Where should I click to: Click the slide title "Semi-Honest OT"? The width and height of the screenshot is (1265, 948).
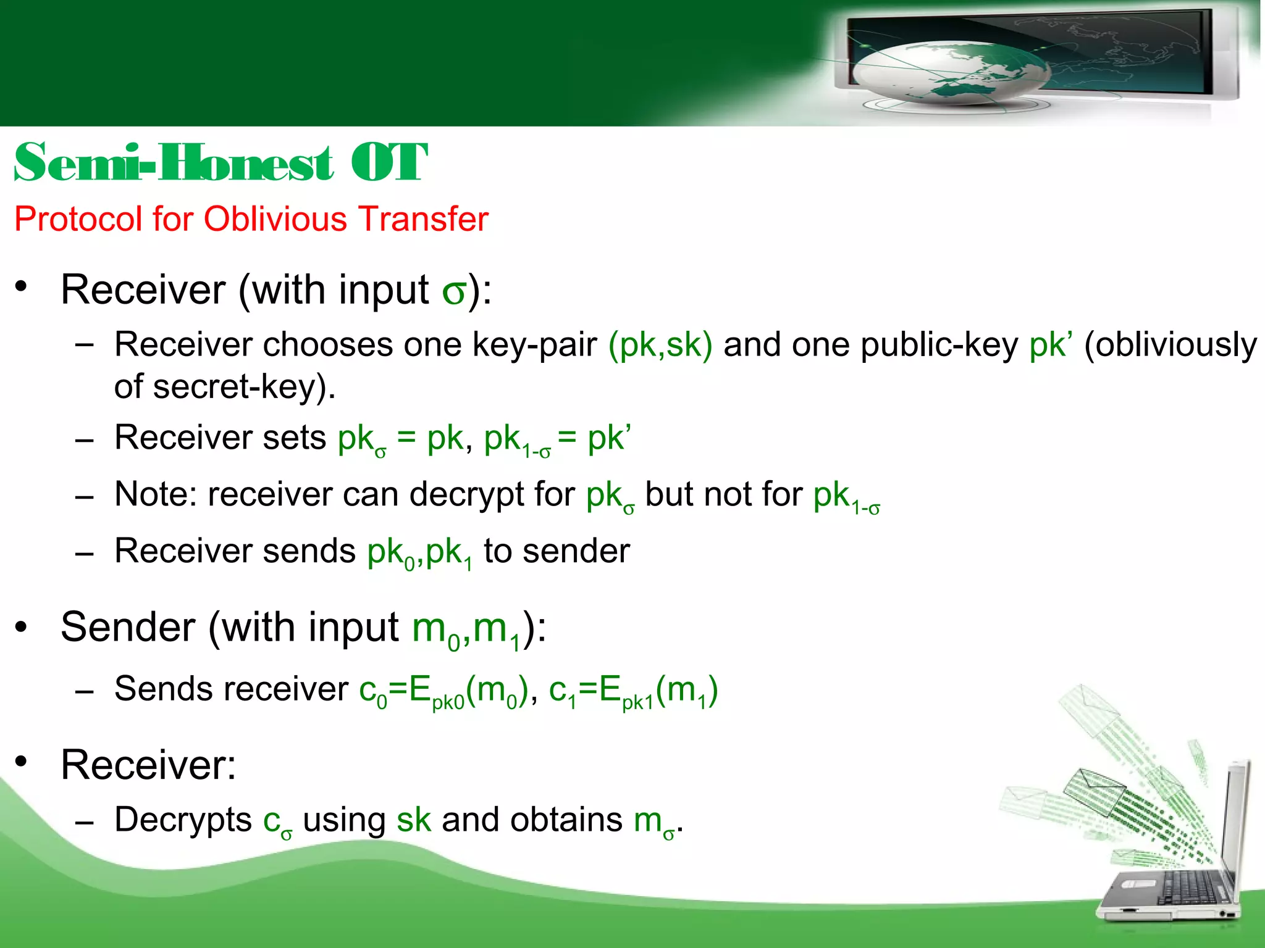[221, 162]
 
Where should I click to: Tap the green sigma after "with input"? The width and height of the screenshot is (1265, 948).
[454, 291]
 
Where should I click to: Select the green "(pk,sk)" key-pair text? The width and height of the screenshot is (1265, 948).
[660, 344]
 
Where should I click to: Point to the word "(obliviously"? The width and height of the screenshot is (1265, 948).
[1170, 344]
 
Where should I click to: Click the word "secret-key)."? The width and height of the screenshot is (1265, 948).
[244, 387]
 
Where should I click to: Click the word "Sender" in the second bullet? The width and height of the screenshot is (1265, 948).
[128, 628]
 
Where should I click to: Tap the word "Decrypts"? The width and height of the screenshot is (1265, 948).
[183, 820]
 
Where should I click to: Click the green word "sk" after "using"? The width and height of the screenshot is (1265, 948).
[413, 820]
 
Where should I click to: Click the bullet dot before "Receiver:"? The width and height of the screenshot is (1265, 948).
[22, 762]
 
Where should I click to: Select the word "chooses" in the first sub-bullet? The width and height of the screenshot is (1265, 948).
[328, 344]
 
